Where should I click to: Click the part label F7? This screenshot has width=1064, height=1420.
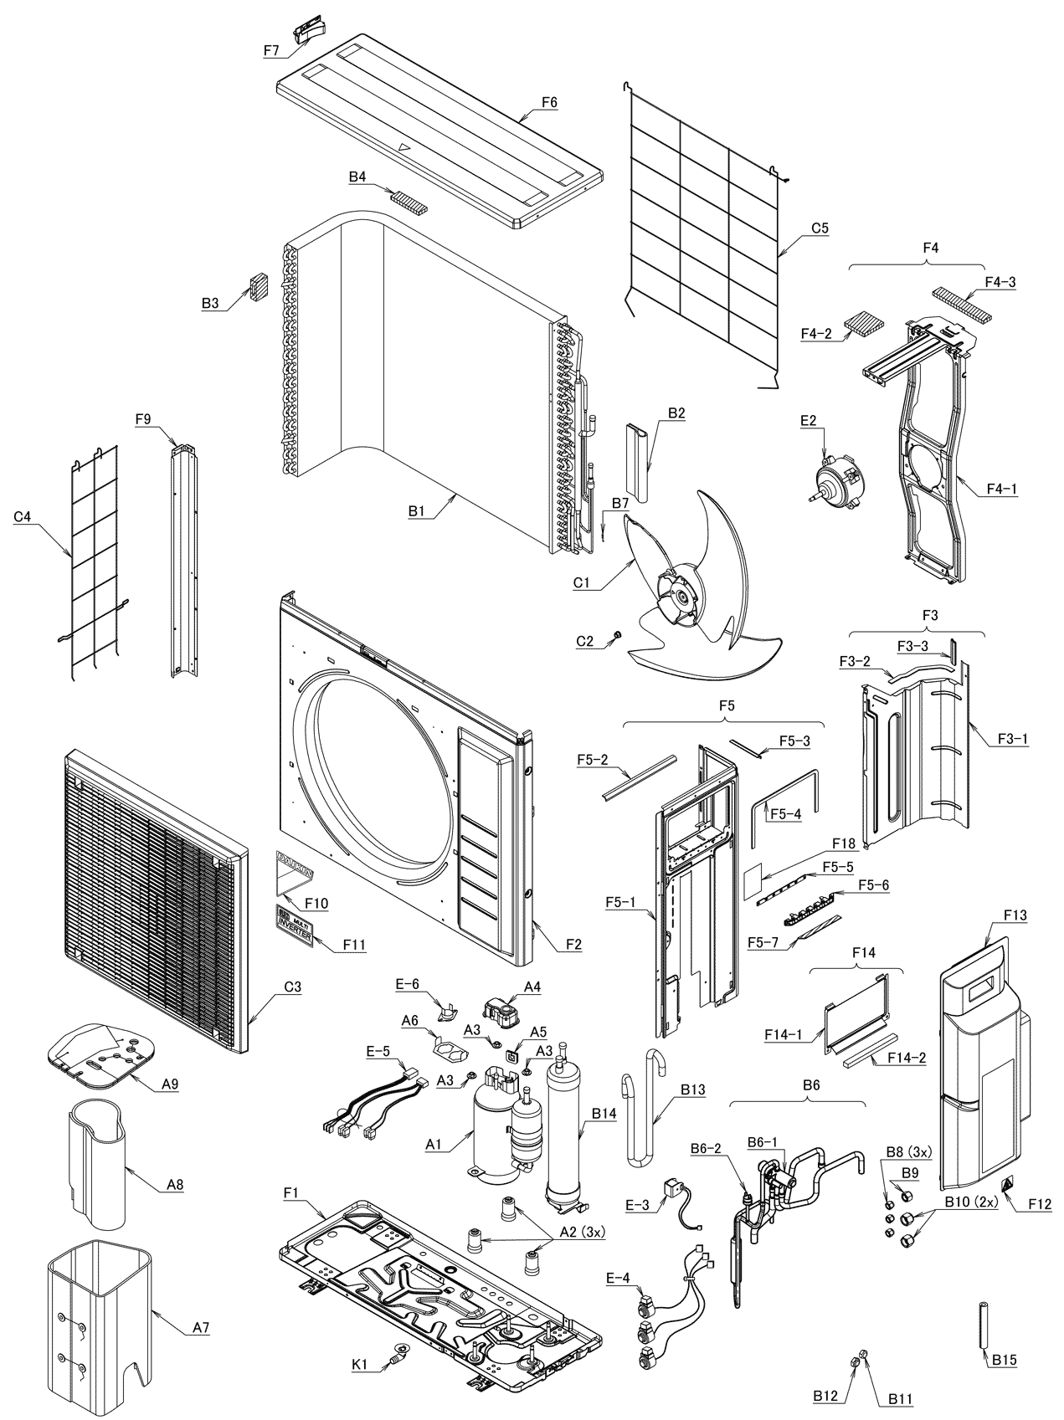[x=270, y=49]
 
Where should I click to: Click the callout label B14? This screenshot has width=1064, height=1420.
[x=604, y=1114]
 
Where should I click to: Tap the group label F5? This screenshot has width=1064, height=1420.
[x=726, y=705]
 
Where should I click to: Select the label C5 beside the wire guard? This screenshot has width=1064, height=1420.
[x=820, y=228]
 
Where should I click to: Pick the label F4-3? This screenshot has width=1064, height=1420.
[x=1000, y=282]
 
